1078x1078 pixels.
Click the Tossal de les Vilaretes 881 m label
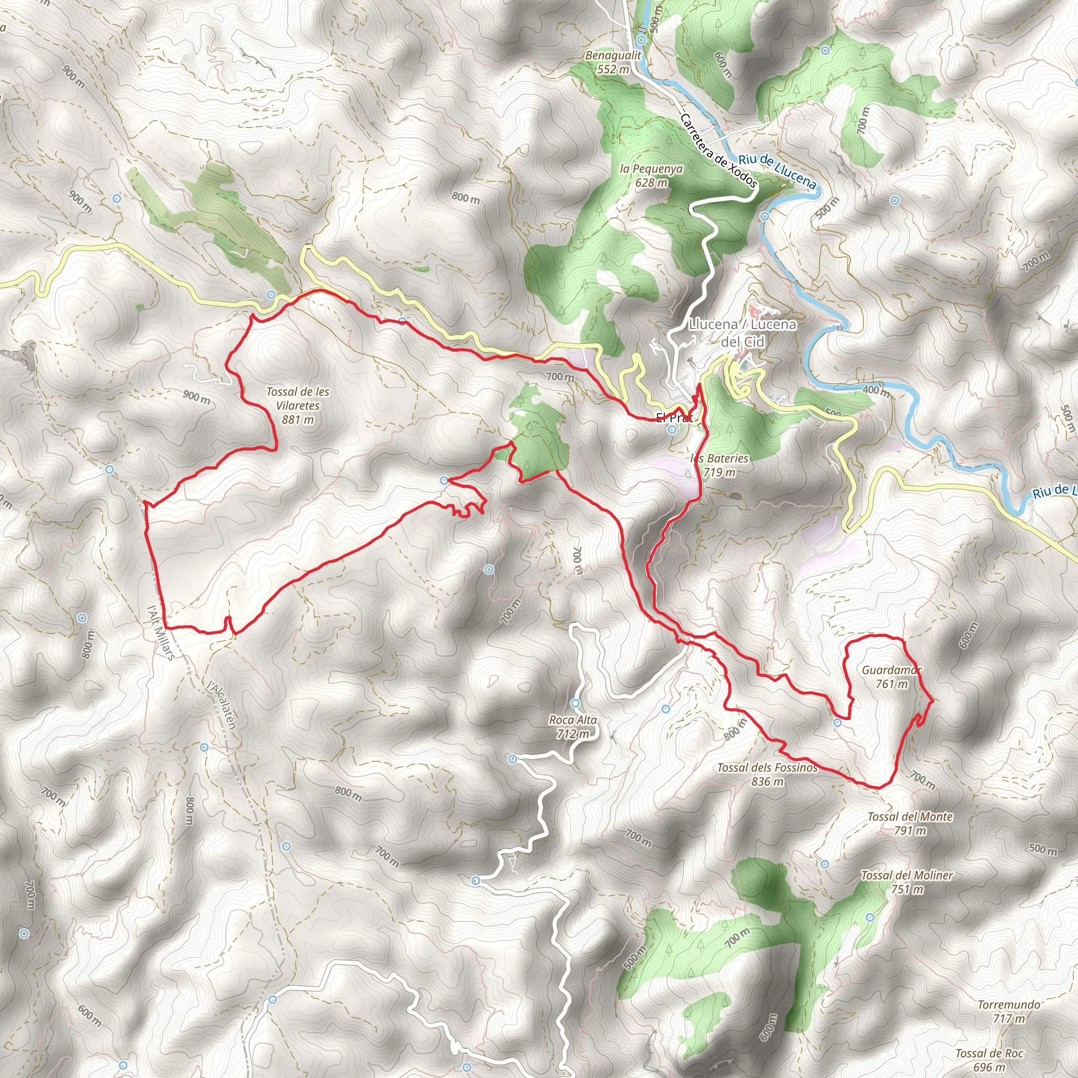point(297,406)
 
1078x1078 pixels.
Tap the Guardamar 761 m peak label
point(891,677)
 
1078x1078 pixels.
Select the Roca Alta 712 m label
point(573,727)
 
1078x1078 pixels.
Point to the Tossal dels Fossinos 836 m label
point(767,774)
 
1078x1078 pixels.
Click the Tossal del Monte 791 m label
point(910,824)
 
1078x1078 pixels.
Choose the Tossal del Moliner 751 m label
point(907,882)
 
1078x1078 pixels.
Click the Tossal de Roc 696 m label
point(989,1059)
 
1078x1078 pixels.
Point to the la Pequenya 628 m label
point(651,175)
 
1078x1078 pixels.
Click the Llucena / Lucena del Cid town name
point(743,333)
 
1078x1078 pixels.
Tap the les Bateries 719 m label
point(719,465)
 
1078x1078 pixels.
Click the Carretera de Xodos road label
point(718,151)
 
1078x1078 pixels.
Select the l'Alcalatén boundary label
point(222,705)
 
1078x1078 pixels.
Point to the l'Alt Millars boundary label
point(161,633)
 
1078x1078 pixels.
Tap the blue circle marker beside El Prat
point(672,430)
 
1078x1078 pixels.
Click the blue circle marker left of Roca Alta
point(513,759)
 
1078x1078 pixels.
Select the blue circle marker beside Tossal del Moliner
point(870,917)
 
